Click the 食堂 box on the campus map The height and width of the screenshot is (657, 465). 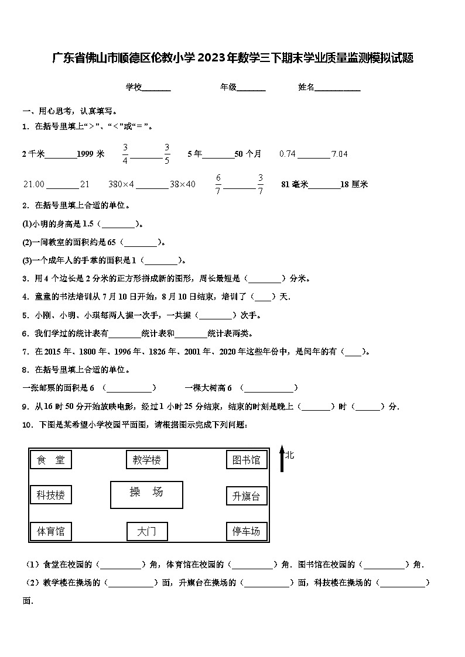tap(50, 460)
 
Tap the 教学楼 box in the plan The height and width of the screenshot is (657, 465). tap(146, 460)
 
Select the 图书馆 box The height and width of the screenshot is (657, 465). tap(247, 460)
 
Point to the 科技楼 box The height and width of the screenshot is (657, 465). tap(50, 495)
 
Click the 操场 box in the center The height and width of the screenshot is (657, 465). tap(146, 495)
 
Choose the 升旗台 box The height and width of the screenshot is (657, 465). tap(247, 496)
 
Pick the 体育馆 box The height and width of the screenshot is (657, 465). tap(50, 531)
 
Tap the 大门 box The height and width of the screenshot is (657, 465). tap(147, 531)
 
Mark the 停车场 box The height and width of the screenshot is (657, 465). tap(247, 531)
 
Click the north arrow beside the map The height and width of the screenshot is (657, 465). tap(282, 460)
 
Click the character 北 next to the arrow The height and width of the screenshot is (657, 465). tap(290, 454)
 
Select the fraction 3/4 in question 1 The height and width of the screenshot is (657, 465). tap(125, 154)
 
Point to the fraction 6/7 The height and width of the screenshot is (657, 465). tap(218, 184)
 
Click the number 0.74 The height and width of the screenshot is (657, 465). tap(288, 154)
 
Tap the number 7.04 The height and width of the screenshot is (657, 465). tap(340, 154)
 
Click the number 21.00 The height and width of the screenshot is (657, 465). tap(33, 184)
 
